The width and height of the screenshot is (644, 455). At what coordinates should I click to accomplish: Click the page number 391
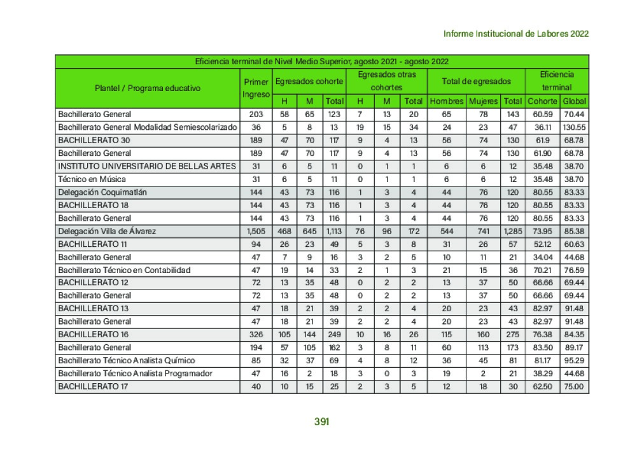(x=322, y=421)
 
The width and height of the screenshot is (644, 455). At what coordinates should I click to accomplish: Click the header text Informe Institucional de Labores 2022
(x=515, y=34)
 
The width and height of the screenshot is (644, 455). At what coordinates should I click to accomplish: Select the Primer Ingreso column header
(x=256, y=88)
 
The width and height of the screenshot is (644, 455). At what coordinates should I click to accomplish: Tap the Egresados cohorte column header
(x=309, y=81)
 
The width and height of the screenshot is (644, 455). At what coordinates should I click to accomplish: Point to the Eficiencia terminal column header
(x=556, y=81)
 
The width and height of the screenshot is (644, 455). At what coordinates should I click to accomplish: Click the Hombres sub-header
(x=446, y=101)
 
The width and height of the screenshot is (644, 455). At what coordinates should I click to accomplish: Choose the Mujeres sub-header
(x=484, y=101)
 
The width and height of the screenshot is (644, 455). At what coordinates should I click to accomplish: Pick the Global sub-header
(x=574, y=101)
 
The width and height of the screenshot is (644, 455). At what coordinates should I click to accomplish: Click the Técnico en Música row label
(x=92, y=179)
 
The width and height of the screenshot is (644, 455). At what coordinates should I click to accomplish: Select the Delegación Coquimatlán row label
(x=102, y=192)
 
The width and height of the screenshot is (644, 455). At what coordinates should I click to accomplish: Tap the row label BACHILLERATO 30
(x=94, y=140)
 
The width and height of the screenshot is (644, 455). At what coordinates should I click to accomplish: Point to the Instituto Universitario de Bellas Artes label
(x=146, y=166)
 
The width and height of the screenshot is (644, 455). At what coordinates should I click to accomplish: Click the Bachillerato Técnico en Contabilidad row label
(x=124, y=270)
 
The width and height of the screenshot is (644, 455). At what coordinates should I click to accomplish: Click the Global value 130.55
(x=574, y=127)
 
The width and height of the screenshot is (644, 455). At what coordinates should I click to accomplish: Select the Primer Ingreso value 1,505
(x=256, y=231)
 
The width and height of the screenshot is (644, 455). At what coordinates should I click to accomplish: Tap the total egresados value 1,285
(x=512, y=231)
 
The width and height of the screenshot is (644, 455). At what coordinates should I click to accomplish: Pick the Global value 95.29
(x=574, y=361)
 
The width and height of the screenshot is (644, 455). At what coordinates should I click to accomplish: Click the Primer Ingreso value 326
(x=256, y=335)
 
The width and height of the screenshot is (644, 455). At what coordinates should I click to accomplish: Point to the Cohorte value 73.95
(x=542, y=231)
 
